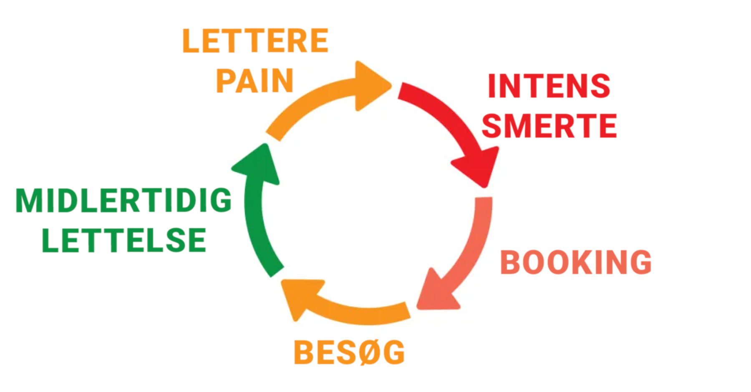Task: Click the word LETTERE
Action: tap(255, 41)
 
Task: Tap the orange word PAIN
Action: tap(255, 80)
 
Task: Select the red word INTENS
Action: tap(549, 86)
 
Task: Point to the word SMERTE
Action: tap(549, 126)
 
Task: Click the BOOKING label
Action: tap(576, 262)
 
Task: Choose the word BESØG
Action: tap(349, 352)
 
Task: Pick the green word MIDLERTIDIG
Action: tap(123, 201)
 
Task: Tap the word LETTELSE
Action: tap(124, 240)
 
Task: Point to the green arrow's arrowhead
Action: tap(257, 165)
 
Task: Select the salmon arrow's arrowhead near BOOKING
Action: tap(436, 292)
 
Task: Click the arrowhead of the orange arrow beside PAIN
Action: tap(371, 86)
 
